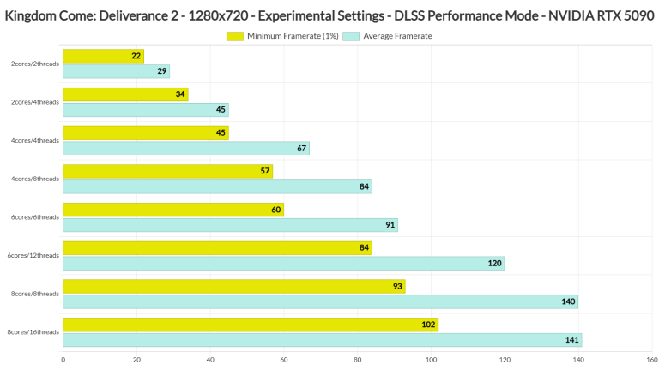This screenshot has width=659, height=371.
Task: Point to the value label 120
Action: tap(495, 263)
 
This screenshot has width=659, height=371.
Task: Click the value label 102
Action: tap(428, 325)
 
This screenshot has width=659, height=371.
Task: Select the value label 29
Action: tap(163, 71)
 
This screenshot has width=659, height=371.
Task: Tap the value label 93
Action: tap(397, 286)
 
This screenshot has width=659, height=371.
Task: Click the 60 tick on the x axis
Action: tap(284, 360)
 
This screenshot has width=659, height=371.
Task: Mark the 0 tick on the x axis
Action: tap(63, 360)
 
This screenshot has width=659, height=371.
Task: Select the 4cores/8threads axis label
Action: tap(34, 179)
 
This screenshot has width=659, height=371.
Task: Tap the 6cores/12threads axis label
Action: tap(33, 255)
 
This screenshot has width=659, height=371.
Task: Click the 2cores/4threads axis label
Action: tap(34, 102)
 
